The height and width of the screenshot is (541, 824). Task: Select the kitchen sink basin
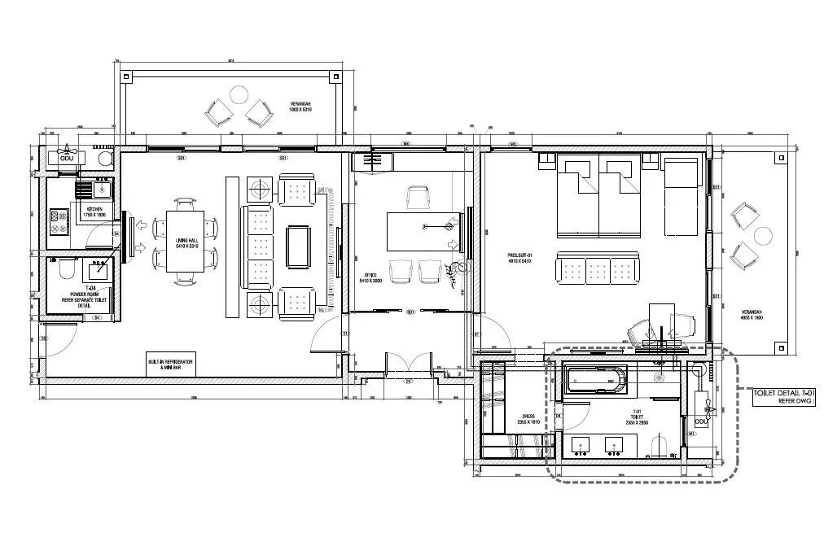pyautogui.click(x=101, y=190)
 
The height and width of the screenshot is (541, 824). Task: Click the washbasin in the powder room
pyautogui.click(x=103, y=265)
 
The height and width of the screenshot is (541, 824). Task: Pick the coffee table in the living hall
pyautogui.click(x=297, y=246)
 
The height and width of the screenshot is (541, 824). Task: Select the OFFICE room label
pyautogui.click(x=370, y=277)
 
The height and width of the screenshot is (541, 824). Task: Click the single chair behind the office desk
pyautogui.click(x=418, y=197)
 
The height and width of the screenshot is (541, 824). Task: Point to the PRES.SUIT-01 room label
pyautogui.click(x=519, y=258)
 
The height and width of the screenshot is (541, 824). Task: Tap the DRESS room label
pyautogui.click(x=528, y=420)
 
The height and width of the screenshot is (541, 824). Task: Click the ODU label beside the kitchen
pyautogui.click(x=67, y=159)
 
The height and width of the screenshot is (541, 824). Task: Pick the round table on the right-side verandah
pyautogui.click(x=763, y=236)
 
